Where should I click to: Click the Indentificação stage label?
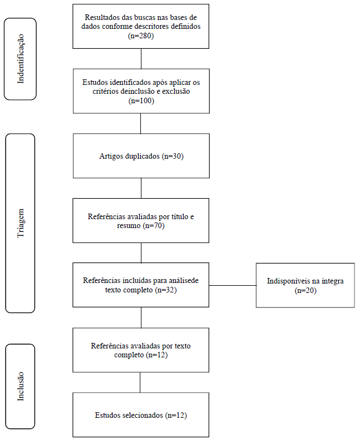tap(21, 59)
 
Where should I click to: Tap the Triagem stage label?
tap(21, 223)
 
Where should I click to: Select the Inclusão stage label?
tap(21, 386)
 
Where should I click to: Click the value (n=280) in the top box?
tap(141, 36)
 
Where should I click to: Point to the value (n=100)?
tap(141, 101)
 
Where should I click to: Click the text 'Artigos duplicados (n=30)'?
tap(141, 156)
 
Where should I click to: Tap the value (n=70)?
tap(154, 226)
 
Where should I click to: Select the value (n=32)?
tap(166, 290)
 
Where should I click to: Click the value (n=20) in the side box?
tap(306, 291)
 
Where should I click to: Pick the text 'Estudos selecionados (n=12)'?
tap(141, 415)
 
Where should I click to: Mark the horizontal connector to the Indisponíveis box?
tap(232, 286)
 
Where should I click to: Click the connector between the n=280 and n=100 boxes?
tap(141, 59)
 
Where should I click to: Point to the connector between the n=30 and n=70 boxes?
tap(141, 188)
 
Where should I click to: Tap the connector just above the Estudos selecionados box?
tap(140, 382)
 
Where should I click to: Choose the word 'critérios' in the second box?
tap(105, 92)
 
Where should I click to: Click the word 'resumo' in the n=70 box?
tap(129, 226)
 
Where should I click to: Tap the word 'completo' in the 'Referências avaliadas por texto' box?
tap(129, 355)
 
